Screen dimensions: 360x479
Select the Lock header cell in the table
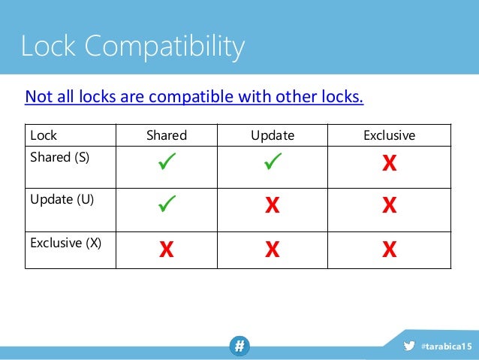[44, 136]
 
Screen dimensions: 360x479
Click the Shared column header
[166, 136]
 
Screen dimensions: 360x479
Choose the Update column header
[273, 136]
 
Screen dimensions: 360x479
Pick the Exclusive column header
[389, 136]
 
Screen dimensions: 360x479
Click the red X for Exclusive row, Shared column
[166, 250]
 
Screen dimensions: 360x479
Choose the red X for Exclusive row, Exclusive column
[389, 250]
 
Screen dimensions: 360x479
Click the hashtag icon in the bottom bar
[239, 346]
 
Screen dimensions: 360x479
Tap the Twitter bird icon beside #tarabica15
[409, 346]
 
